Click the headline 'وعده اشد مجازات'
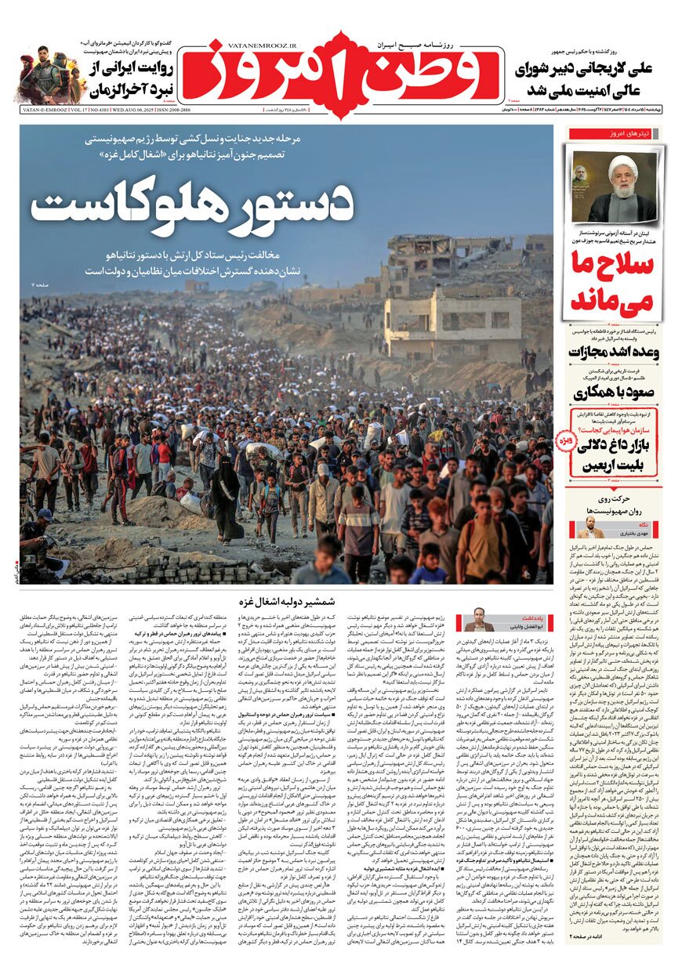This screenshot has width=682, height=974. [614, 351]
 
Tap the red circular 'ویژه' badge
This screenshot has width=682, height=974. [566, 442]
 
